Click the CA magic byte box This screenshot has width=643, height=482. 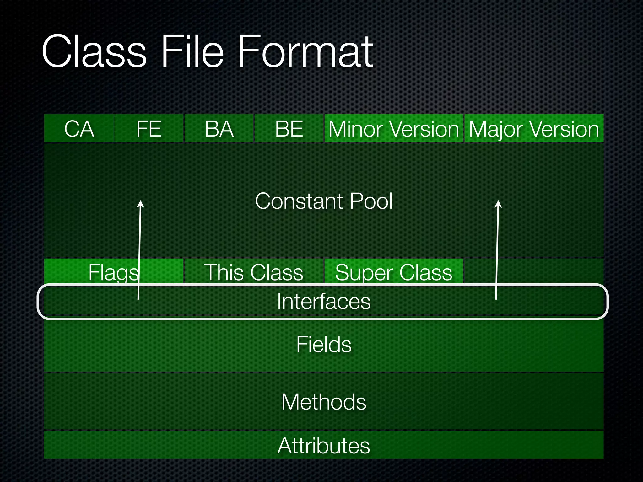point(79,128)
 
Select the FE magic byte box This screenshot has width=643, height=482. point(149,128)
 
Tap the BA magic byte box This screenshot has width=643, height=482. point(219,128)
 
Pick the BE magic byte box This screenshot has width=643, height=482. point(289,128)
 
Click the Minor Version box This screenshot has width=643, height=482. point(394,128)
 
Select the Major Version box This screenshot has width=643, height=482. point(534,128)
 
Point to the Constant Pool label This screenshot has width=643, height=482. point(324,201)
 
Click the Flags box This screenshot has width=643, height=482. point(113,272)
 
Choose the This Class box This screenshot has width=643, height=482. point(254,272)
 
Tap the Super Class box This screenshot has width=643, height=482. point(394,272)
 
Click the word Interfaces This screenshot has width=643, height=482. point(324,301)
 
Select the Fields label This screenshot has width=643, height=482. point(324,344)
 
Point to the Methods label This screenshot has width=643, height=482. point(324,402)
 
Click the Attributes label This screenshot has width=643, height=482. point(324,445)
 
